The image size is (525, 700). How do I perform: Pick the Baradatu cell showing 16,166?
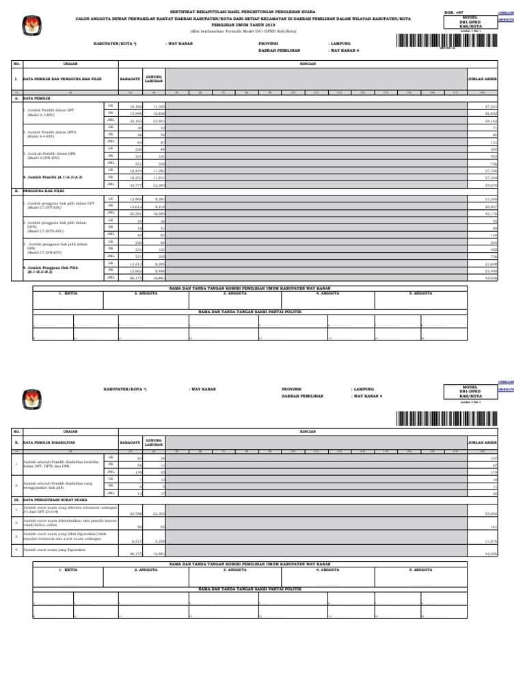click(135, 107)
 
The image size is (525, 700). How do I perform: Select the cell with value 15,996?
click(135, 113)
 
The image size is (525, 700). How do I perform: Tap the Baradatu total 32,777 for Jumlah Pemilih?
click(135, 185)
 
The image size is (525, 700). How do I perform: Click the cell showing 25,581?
click(135, 213)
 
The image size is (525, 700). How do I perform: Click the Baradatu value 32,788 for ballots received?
click(135, 512)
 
